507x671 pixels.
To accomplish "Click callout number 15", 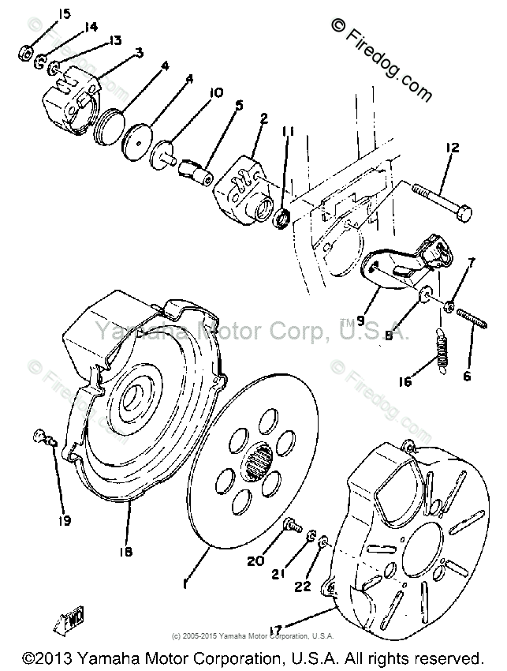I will pyautogui.click(x=64, y=14).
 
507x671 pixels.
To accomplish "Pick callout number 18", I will pyautogui.click(x=127, y=550).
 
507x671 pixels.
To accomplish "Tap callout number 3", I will pyautogui.click(x=139, y=52).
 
